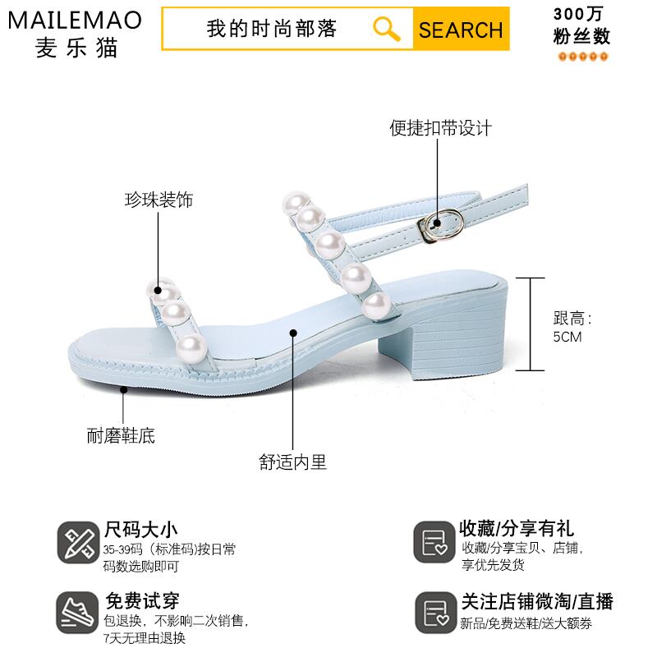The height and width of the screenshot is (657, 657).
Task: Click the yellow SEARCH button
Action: tap(461, 30)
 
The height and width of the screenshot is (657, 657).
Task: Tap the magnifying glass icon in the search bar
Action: tap(386, 29)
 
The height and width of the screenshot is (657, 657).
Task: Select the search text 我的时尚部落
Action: tap(272, 30)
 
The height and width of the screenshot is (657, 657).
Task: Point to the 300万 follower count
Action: tap(583, 14)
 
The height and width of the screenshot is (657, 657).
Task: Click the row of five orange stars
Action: tap(583, 57)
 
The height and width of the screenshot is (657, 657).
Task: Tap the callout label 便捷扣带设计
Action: tap(440, 128)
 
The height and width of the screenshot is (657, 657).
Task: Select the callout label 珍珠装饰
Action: tap(159, 200)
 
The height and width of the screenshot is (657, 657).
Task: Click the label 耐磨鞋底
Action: tap(121, 435)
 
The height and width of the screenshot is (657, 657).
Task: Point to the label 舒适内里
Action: tap(293, 462)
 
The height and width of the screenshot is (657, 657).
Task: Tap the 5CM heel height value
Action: tap(567, 337)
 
